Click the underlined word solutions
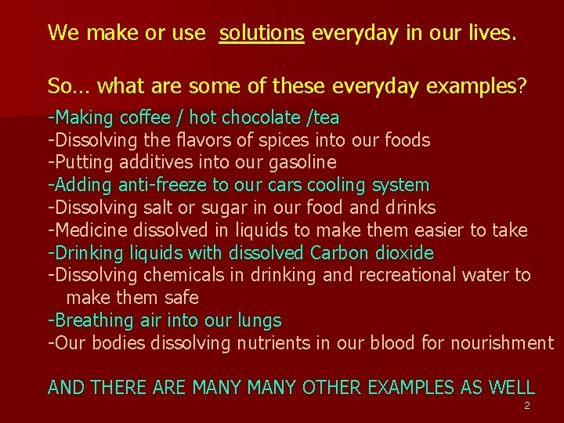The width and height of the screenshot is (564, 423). click(262, 33)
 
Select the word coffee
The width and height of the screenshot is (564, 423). click(144, 117)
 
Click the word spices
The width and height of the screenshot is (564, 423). click(293, 140)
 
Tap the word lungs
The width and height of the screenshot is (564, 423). click(258, 321)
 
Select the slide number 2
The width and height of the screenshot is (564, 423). click(526, 406)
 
